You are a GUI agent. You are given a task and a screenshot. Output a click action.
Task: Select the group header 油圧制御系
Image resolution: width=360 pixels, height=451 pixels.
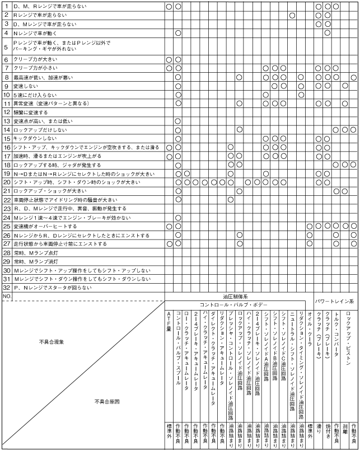[235, 296]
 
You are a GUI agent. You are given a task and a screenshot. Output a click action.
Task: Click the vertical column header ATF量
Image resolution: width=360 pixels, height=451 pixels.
[169, 319]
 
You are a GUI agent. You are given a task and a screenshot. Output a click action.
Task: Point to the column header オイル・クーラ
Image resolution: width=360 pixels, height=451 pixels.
[310, 325]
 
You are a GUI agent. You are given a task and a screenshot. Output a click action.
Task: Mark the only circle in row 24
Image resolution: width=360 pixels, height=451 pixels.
[178, 217]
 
